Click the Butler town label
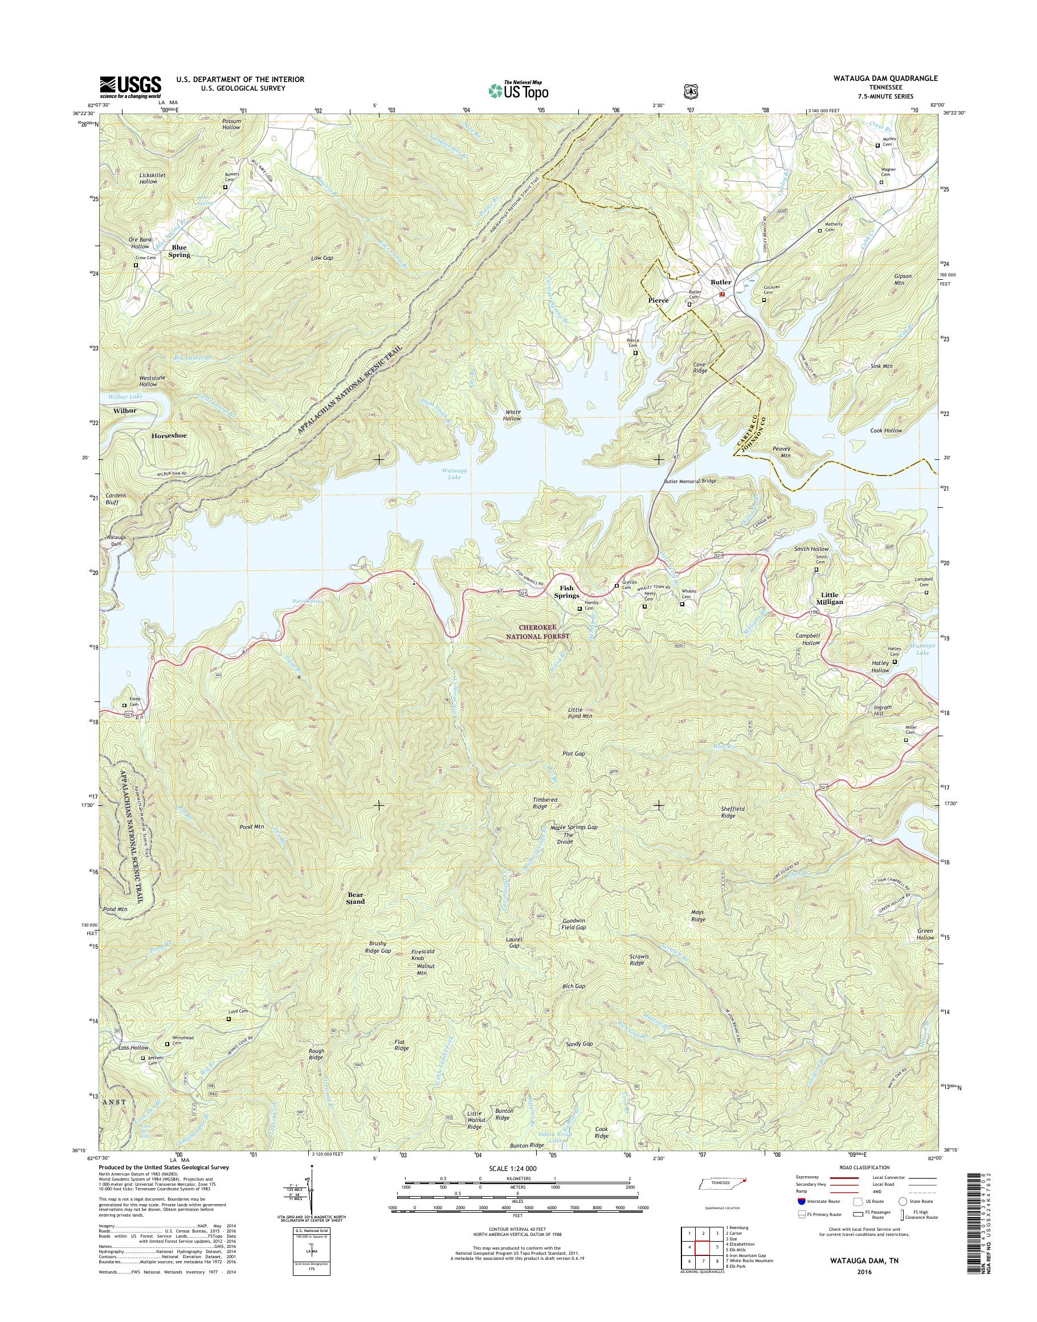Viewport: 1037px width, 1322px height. tap(721, 283)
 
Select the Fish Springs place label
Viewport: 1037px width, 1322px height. tap(566, 591)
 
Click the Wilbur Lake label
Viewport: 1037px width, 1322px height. tap(126, 397)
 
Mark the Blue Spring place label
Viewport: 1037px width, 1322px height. tap(179, 251)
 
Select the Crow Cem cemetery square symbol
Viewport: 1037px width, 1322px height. tap(136, 266)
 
